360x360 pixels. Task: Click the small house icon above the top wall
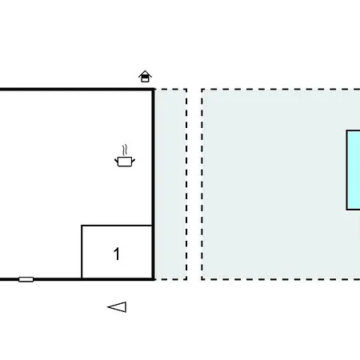[x=145, y=77]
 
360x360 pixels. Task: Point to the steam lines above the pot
[x=124, y=150]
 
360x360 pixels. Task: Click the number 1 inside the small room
[x=117, y=254]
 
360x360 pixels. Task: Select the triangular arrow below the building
[x=117, y=307]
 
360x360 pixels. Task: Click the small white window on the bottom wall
[x=26, y=279]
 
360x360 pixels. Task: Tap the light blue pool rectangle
[x=354, y=170]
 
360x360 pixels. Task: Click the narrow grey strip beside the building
[x=170, y=184]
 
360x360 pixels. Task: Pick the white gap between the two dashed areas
[x=194, y=184]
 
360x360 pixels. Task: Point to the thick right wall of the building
[x=154, y=184]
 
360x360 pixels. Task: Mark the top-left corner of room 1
[x=82, y=226]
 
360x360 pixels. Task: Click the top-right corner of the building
[x=154, y=90]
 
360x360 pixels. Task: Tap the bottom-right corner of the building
[x=154, y=279]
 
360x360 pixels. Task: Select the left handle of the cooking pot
[x=116, y=160]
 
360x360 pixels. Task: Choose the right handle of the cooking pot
[x=134, y=160]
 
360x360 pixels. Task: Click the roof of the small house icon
[x=145, y=74]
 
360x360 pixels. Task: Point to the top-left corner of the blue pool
[x=346, y=130]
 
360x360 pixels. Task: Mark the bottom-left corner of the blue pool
[x=346, y=210]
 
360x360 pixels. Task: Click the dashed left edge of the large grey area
[x=202, y=184]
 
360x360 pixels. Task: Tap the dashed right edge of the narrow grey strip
[x=186, y=184]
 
